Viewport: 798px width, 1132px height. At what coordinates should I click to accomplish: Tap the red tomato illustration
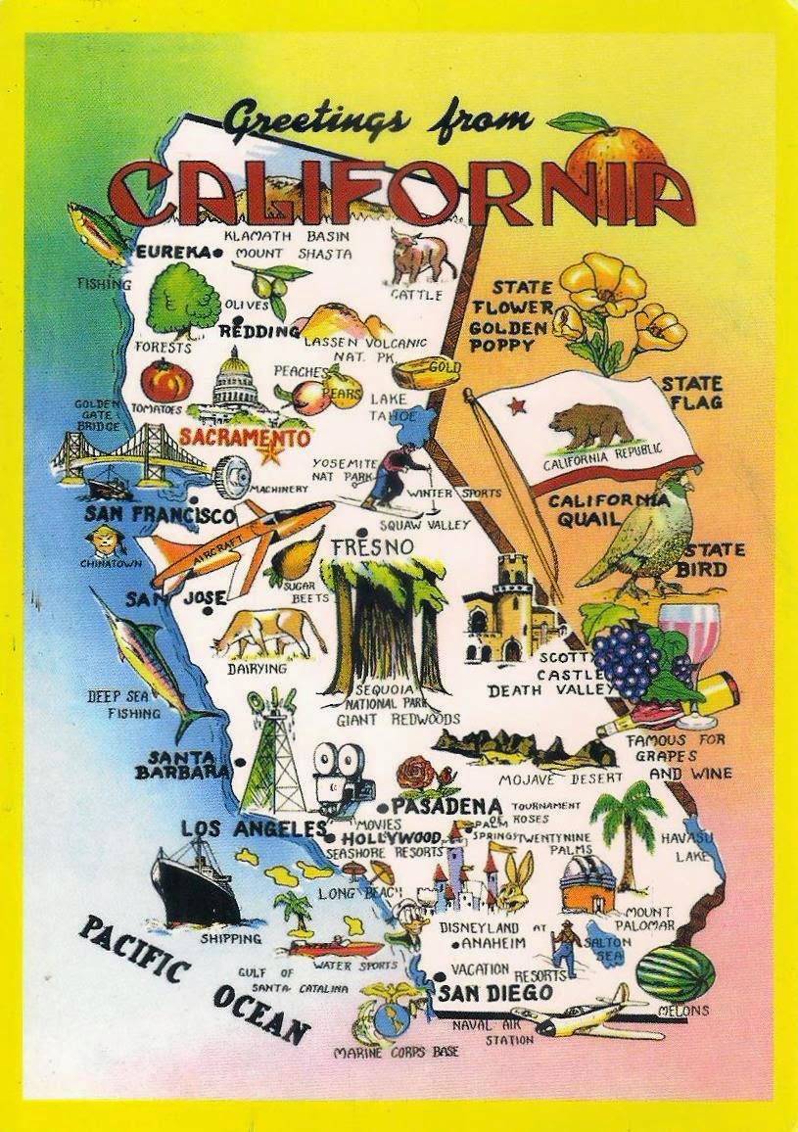tap(166, 381)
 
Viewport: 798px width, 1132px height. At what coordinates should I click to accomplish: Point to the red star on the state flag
tap(516, 404)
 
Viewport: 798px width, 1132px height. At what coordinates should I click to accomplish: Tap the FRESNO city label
tap(372, 547)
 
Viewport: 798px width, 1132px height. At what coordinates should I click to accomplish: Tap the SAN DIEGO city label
tap(494, 993)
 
